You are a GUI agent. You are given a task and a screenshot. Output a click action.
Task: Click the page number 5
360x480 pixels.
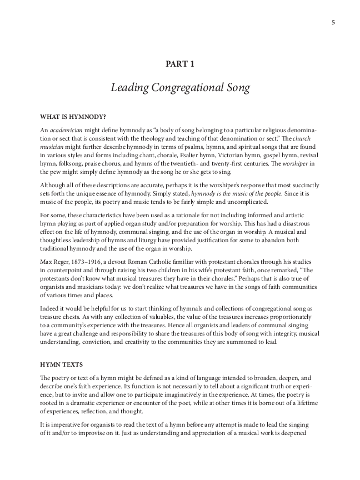click(x=332, y=22)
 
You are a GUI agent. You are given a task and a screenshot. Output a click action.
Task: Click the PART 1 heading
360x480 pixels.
click(x=180, y=64)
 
